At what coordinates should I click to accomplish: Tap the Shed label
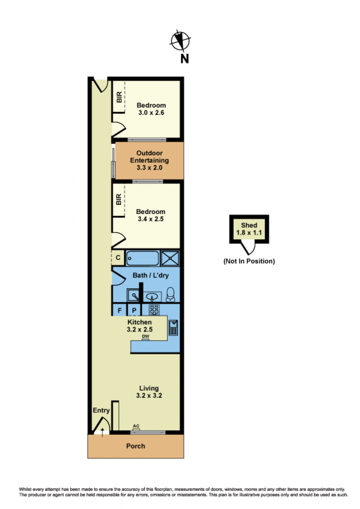(x=249, y=225)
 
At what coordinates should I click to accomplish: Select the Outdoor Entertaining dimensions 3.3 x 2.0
(x=149, y=168)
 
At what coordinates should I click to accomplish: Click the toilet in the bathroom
(x=170, y=294)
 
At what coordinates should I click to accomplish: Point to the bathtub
(x=142, y=259)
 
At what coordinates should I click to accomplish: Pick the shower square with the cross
(x=170, y=259)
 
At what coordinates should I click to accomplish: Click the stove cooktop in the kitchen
(x=154, y=310)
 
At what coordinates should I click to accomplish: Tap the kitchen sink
(x=173, y=327)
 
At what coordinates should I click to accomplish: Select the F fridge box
(x=119, y=310)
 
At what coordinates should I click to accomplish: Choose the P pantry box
(x=134, y=310)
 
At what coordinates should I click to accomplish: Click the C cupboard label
(x=118, y=258)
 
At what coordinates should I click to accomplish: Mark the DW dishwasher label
(x=145, y=336)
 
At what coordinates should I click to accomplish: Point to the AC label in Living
(x=136, y=426)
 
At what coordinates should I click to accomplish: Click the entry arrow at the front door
(x=102, y=433)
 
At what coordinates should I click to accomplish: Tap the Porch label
(x=135, y=446)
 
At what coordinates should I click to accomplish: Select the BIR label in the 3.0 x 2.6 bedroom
(x=119, y=97)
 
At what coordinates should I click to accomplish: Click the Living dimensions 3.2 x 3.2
(x=149, y=395)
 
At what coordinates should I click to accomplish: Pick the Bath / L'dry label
(x=150, y=275)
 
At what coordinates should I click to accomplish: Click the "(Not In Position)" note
(x=249, y=261)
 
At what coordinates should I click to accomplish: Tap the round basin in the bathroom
(x=151, y=296)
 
